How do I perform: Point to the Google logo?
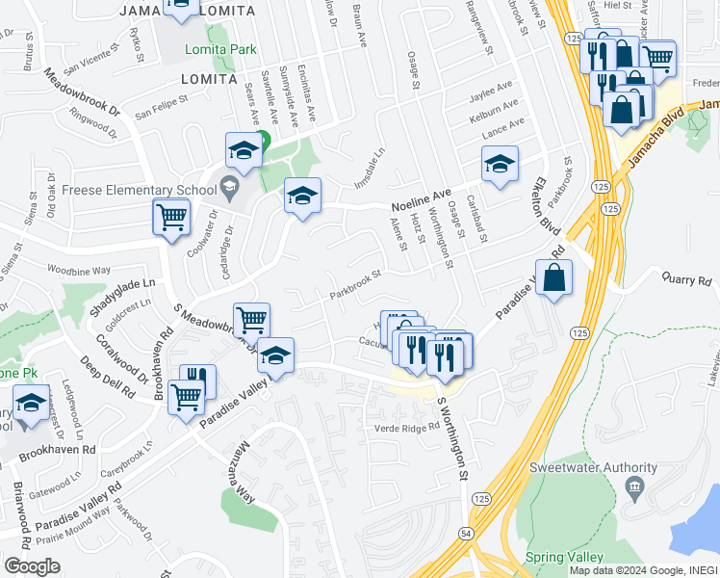(33, 565)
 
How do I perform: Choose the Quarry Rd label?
(685, 279)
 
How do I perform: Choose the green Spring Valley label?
(564, 558)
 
